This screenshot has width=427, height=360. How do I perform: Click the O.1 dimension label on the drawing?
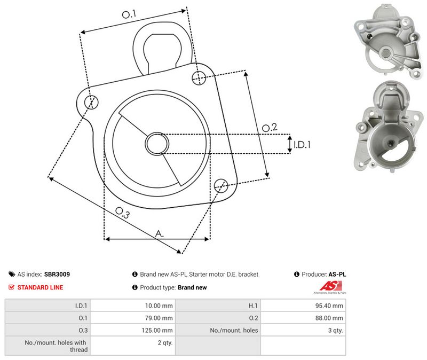point(129,14)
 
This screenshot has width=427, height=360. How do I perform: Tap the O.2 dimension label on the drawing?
point(270,127)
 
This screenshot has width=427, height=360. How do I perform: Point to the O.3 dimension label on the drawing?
point(123,213)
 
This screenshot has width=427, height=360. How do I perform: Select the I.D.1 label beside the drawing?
point(302,144)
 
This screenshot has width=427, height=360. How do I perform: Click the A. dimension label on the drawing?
point(160,233)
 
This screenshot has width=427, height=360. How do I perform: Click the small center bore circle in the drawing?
point(157,144)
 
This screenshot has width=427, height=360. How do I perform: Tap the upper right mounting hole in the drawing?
point(199,77)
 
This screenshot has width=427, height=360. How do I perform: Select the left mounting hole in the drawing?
point(91,102)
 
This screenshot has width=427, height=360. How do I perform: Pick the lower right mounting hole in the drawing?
point(221,185)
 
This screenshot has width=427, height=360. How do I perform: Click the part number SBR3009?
point(57,275)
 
